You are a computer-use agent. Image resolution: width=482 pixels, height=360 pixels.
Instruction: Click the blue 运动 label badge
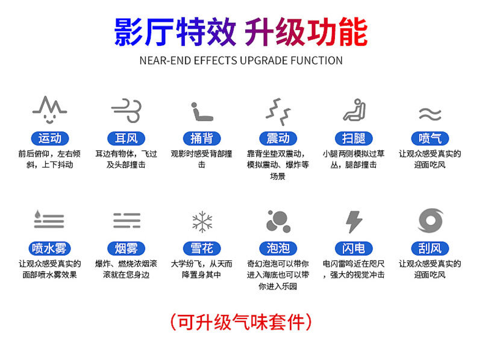[50, 139]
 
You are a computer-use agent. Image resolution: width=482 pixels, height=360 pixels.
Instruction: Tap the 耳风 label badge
[126, 139]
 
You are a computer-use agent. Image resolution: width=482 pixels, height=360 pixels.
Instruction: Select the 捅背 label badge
[202, 139]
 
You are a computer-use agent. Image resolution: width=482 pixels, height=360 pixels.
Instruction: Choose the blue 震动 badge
[278, 139]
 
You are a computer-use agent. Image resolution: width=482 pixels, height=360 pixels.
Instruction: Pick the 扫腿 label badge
[354, 139]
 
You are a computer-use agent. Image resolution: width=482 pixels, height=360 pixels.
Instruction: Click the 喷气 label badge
[430, 139]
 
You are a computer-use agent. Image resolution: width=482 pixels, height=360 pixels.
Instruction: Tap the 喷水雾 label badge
[49, 248]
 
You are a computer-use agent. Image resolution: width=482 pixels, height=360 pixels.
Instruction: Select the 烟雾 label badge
[126, 248]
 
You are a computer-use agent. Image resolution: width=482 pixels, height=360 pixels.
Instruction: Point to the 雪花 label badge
[202, 248]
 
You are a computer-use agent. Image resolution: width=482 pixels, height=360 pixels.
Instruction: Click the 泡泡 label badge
[278, 248]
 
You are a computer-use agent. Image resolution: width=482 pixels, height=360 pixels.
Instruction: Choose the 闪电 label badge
[354, 248]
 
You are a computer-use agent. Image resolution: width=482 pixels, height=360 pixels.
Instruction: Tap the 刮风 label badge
[430, 248]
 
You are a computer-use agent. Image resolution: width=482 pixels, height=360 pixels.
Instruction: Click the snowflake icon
[202, 221]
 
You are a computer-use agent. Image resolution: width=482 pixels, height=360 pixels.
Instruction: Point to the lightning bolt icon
[354, 221]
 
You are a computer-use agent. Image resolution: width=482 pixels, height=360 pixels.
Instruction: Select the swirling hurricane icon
[430, 220]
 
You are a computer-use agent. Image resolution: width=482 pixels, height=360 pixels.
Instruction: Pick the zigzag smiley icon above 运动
[49, 109]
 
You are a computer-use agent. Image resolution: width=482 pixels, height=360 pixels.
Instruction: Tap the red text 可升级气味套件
[241, 322]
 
